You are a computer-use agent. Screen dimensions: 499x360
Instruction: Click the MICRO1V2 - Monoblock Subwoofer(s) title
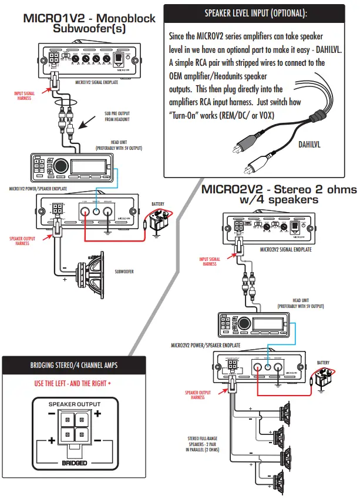click(89, 22)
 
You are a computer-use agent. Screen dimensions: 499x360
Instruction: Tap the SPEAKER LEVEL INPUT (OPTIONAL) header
click(255, 13)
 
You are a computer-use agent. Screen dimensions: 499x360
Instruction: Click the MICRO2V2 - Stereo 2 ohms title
click(279, 195)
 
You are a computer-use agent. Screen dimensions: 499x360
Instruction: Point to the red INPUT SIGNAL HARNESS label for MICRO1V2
click(25, 96)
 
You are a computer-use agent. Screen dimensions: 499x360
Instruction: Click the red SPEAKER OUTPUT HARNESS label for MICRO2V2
click(197, 394)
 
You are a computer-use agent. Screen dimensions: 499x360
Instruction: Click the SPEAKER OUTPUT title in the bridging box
click(74, 404)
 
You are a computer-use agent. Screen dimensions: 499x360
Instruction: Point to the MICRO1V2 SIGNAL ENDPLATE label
click(97, 83)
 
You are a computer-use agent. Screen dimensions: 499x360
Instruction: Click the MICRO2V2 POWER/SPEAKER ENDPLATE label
click(206, 346)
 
